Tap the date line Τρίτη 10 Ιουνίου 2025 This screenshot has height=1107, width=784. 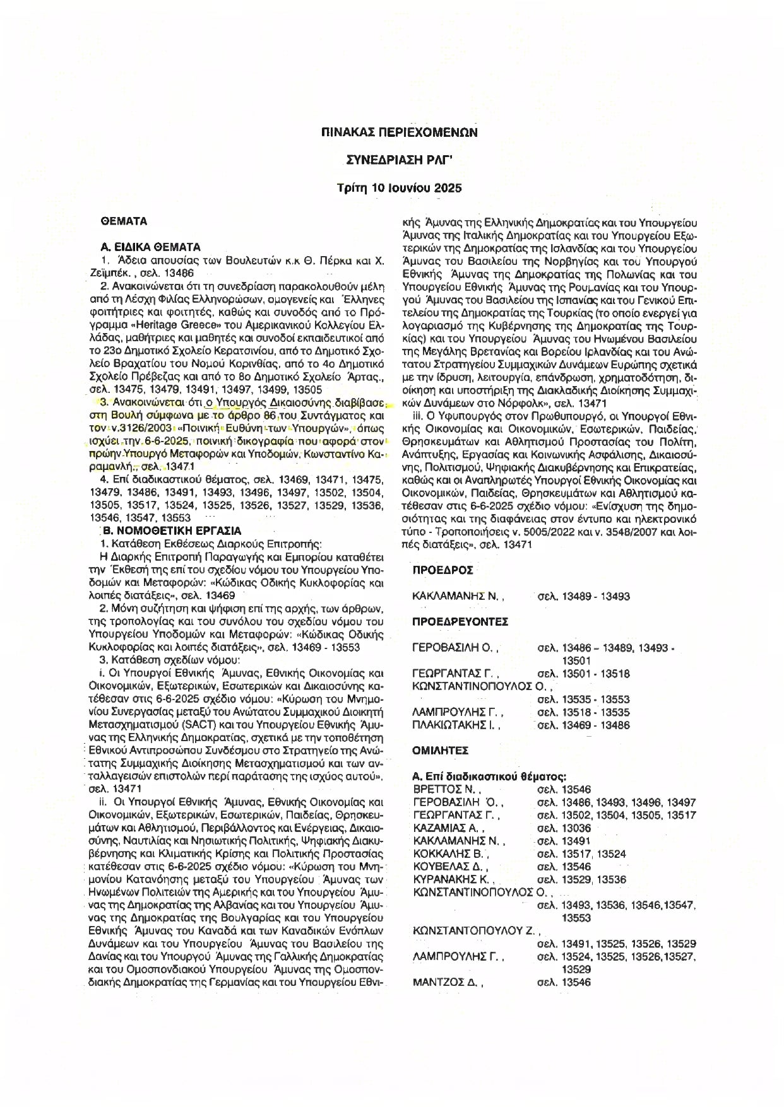click(x=400, y=188)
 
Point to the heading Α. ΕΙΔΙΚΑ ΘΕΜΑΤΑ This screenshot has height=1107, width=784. click(x=151, y=247)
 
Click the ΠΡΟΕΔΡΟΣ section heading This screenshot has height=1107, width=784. click(x=442, y=570)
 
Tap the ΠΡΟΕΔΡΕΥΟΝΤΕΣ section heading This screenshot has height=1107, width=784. click(x=460, y=621)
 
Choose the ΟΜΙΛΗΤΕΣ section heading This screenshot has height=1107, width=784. click(x=440, y=751)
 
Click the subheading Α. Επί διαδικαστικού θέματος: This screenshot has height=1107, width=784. click(x=488, y=776)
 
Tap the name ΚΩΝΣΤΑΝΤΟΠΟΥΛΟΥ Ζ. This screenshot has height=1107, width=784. click(x=477, y=931)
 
